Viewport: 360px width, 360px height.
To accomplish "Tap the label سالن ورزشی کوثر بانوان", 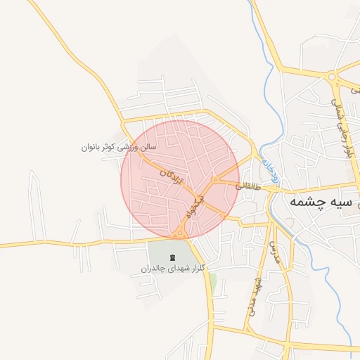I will pos(118,148).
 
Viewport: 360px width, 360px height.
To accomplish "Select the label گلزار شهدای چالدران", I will pos(173,268).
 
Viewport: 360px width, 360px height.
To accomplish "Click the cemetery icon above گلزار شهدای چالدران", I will pos(173,255).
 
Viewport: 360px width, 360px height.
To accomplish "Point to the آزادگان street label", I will pos(172,176).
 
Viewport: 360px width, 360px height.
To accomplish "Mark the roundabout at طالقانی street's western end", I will pos(215,181).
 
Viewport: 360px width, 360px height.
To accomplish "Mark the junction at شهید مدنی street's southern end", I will pos(247,328).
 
